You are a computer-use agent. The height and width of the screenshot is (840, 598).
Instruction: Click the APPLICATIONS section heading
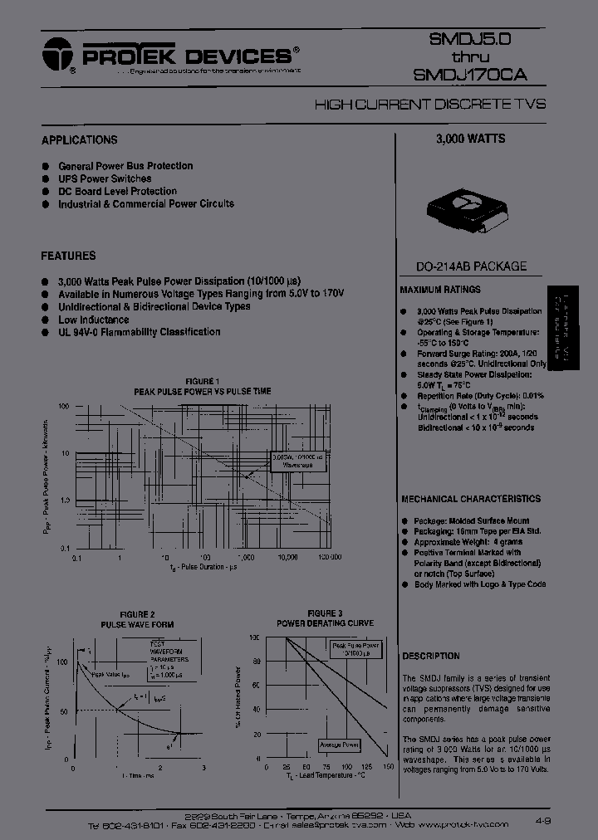80,140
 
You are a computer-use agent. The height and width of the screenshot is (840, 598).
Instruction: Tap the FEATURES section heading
68,256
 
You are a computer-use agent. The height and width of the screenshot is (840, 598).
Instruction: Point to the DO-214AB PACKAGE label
472,266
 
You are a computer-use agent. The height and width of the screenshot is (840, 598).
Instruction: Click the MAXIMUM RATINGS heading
440,290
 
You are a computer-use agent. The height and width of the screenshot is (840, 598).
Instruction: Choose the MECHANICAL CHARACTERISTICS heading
471,499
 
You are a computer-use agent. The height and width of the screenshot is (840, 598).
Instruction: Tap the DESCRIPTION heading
431,656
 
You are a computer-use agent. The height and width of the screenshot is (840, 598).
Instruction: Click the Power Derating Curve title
325,623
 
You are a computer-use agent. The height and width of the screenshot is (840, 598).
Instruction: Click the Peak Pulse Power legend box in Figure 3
355,649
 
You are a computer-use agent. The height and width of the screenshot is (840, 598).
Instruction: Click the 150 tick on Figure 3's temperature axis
386,767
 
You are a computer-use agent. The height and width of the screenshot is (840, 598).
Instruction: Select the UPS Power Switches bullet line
105,178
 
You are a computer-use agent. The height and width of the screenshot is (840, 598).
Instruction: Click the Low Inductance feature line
93,320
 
